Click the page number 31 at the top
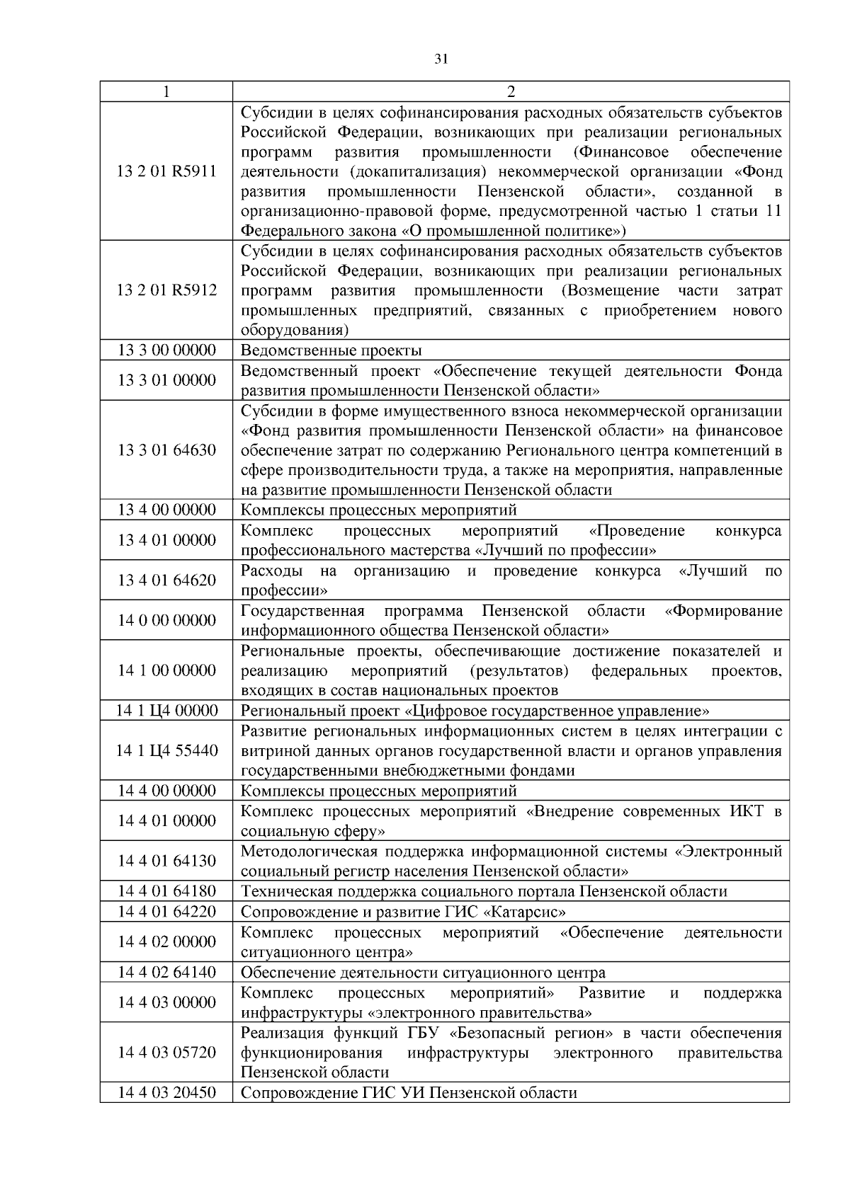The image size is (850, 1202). pos(441,60)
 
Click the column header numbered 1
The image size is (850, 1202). pos(166,92)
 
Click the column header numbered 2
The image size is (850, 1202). pos(511,92)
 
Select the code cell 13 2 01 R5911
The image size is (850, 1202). pos(166,171)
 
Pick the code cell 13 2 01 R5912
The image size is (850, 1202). pos(166,290)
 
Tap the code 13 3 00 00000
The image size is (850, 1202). pos(166,350)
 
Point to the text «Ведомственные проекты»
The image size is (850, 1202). pos(331,350)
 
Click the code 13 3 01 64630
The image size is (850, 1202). pos(166,450)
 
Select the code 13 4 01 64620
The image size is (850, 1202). pos(166,580)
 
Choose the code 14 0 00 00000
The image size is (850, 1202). pos(166,621)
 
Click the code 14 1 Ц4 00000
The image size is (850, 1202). pos(166,711)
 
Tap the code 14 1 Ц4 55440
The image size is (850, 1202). pos(166,751)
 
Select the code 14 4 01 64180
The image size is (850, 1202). pos(166,891)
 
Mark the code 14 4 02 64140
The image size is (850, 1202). pos(166,972)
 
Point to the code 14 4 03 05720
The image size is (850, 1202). pos(166,1053)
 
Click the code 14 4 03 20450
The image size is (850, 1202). pos(166,1093)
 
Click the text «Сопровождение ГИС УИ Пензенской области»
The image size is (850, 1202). pos(409,1093)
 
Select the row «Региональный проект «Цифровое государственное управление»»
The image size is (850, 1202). pos(475,711)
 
